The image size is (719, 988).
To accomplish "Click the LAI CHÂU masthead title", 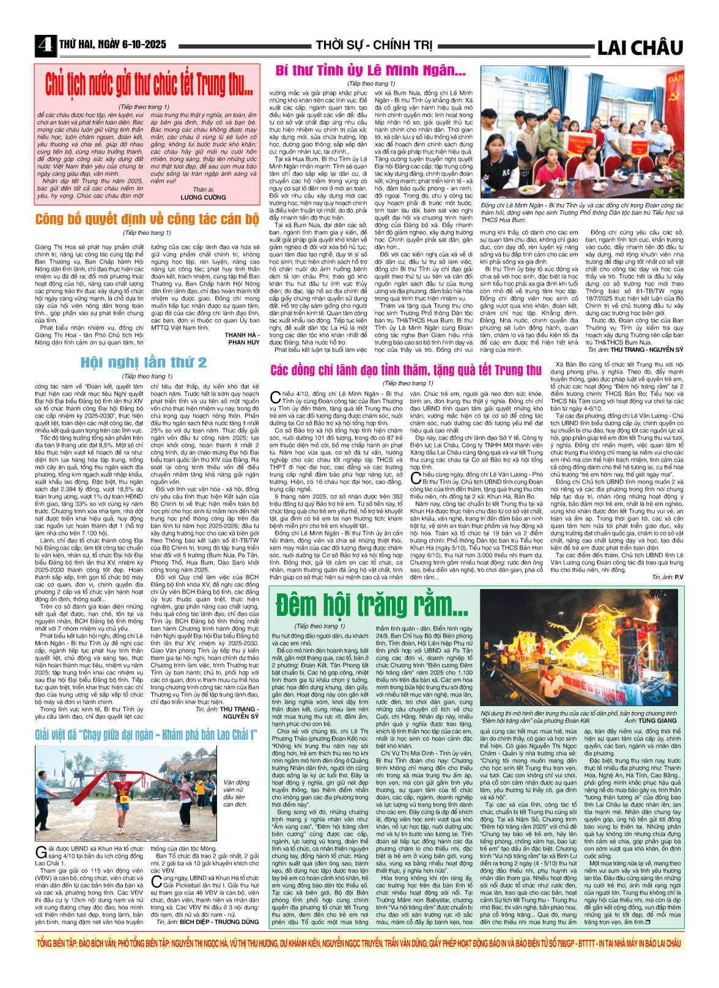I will [x=639, y=47].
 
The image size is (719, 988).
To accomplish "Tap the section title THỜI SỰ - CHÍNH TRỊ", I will [x=374, y=45].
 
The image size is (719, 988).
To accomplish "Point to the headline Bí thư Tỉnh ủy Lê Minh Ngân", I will [x=371, y=70].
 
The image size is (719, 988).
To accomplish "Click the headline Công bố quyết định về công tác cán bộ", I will [x=147, y=219].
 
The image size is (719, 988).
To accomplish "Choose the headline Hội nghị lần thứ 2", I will [x=144, y=363].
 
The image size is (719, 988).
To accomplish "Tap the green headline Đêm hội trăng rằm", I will [x=371, y=605].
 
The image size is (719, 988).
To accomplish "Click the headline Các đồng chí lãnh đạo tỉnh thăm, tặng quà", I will [x=406, y=370].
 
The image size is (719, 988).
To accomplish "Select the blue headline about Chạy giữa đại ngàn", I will [x=145, y=734].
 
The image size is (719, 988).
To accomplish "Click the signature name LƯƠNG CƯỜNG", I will [x=204, y=197].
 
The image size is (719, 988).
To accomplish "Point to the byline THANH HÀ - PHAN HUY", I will [x=242, y=339].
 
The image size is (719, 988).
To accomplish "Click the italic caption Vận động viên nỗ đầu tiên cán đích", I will [x=236, y=793].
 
